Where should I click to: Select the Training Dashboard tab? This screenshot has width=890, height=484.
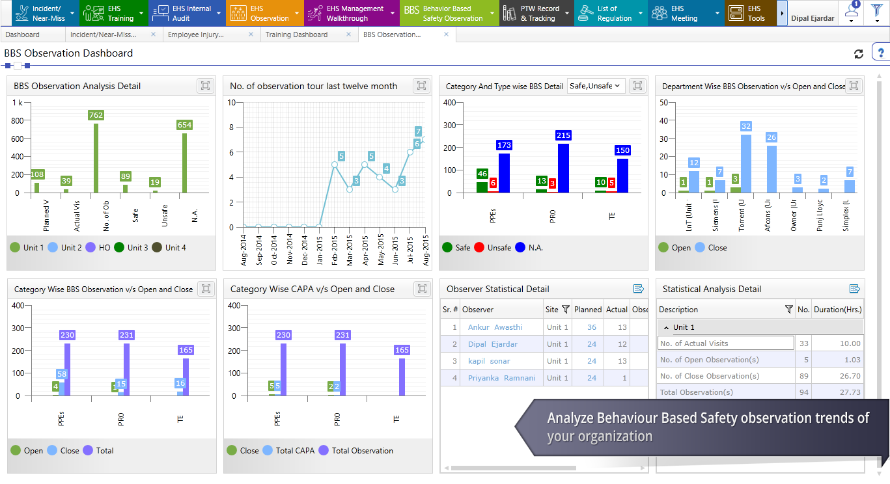(296, 34)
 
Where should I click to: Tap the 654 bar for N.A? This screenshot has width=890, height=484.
(184, 163)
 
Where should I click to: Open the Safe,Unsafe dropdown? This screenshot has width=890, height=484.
(596, 86)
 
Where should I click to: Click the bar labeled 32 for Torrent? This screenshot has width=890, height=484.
(746, 163)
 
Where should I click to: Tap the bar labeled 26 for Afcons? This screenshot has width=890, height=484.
(772, 168)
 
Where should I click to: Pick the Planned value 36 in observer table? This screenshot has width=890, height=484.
(591, 327)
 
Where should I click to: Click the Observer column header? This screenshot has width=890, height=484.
(478, 310)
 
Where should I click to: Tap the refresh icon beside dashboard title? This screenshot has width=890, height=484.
(859, 54)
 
